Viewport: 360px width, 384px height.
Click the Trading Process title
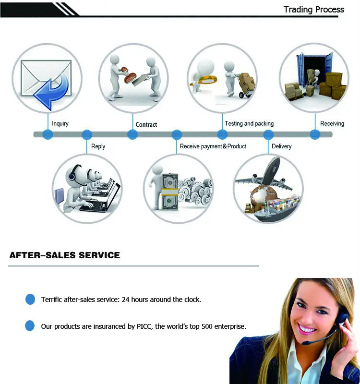coord(313,10)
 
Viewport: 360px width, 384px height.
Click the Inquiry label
coord(60,123)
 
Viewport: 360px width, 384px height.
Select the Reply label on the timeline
coord(98,146)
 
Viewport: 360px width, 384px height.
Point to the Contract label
coord(146,124)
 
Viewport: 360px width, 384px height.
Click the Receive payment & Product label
coord(213,146)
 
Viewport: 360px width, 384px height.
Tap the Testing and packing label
coord(249,123)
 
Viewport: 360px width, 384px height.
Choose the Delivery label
coord(281,146)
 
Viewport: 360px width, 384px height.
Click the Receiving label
coord(332,123)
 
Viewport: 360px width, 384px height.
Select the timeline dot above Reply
coord(87,134)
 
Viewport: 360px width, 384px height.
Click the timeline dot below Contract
coord(132,134)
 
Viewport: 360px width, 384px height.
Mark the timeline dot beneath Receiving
coord(315,134)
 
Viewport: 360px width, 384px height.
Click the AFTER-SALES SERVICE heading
coord(64,255)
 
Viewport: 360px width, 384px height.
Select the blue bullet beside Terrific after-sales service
coord(30,300)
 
